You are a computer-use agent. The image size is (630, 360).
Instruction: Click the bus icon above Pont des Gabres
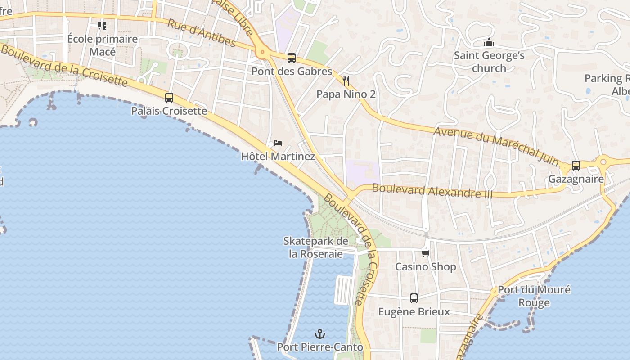(292, 58)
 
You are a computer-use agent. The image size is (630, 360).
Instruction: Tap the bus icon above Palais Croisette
(169, 97)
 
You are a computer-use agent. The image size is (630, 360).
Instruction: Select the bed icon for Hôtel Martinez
(278, 144)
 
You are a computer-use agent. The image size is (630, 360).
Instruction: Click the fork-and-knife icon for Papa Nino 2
(346, 81)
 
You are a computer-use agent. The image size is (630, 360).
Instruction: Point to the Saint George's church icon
(489, 43)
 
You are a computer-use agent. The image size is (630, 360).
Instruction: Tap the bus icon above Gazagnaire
(576, 166)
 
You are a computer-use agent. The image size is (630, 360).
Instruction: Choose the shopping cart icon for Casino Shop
(426, 254)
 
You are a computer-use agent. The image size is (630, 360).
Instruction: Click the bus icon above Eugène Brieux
(414, 298)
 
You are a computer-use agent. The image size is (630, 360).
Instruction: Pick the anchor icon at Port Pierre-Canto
(320, 334)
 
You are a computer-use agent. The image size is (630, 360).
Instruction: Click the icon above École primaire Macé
(102, 26)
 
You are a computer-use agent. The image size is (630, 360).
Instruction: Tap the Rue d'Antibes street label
(201, 33)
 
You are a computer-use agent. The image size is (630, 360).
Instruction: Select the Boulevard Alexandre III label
(432, 191)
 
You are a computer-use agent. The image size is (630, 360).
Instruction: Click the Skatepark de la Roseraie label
(315, 247)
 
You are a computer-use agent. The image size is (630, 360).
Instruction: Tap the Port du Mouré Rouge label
(534, 296)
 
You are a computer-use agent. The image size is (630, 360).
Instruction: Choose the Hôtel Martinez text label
(278, 157)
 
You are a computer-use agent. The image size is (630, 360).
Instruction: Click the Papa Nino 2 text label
(346, 94)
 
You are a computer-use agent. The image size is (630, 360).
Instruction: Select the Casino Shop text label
(426, 267)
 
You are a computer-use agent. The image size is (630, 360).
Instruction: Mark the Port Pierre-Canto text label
(320, 347)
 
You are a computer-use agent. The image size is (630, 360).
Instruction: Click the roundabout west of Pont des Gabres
(262, 53)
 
